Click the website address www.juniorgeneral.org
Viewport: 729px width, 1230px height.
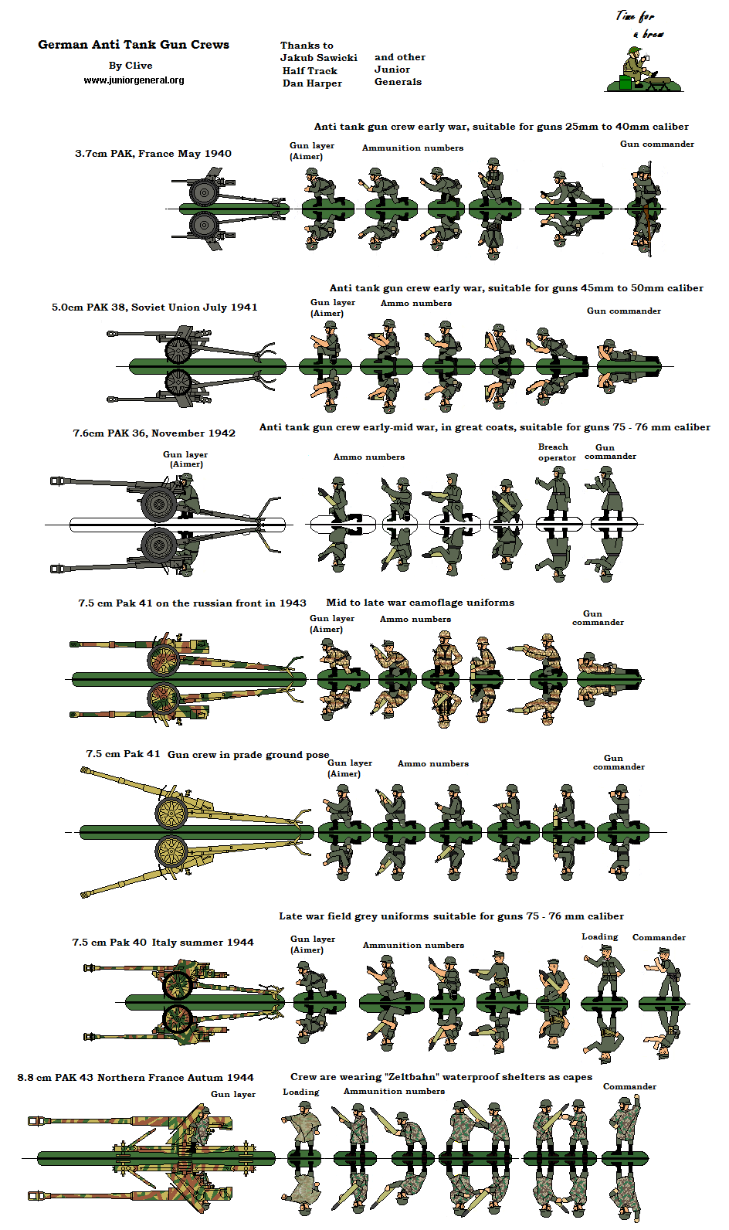coord(134,80)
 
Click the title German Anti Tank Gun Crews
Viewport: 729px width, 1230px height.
coord(134,45)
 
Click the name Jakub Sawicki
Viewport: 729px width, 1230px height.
coord(318,58)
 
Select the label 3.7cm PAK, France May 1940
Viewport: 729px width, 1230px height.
coord(153,154)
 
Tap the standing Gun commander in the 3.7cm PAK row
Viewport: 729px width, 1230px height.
coord(644,188)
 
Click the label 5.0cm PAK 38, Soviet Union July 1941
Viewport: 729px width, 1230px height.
coord(154,307)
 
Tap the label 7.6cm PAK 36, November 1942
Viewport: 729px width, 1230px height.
coord(154,433)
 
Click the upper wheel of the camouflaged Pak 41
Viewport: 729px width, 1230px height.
coord(164,661)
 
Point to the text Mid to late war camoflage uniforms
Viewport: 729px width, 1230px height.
coord(419,603)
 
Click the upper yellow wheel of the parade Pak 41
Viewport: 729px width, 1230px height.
coord(171,812)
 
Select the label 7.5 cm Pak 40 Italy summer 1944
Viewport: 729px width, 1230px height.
coord(163,943)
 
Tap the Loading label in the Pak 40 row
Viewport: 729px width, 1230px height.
coord(599,937)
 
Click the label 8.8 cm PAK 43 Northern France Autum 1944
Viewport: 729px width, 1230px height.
coord(135,1078)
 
